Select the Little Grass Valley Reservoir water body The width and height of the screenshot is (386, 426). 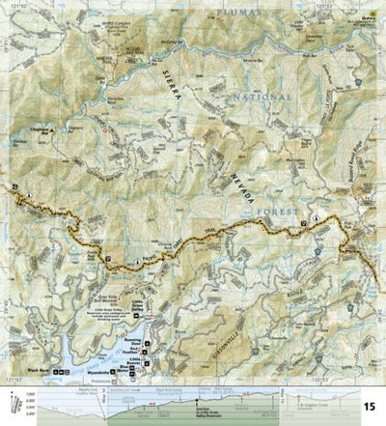click(x=125, y=333)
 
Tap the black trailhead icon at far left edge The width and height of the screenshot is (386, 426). click(x=16, y=187)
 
